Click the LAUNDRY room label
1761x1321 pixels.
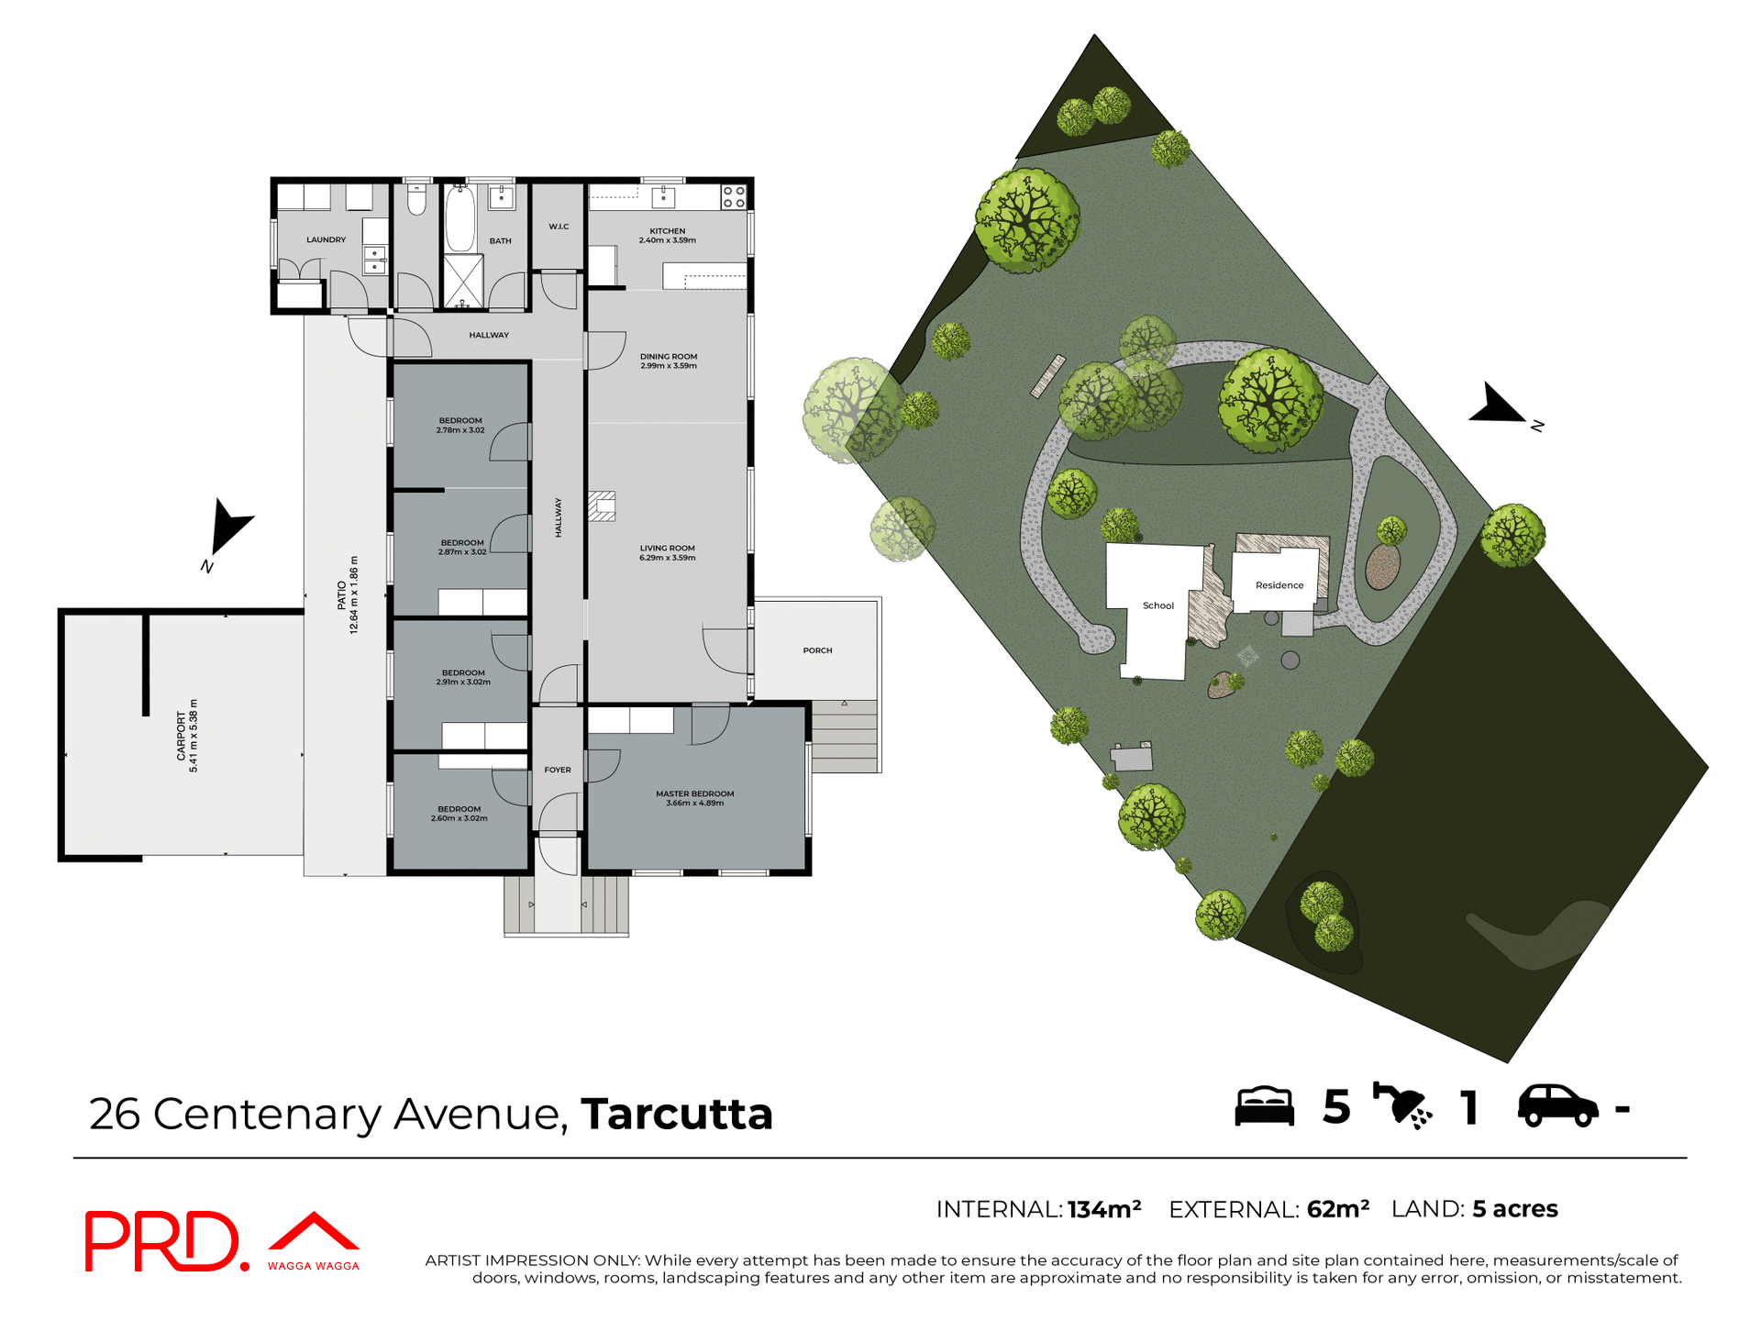(326, 239)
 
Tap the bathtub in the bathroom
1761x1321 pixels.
(460, 218)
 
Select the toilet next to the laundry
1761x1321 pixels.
(416, 201)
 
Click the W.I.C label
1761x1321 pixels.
(559, 227)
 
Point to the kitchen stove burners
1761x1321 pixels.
(733, 197)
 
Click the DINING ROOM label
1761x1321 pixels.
(669, 361)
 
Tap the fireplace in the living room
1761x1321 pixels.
(602, 506)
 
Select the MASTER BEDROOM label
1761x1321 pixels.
(694, 798)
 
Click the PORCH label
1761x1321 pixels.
(817, 650)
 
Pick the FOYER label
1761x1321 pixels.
(558, 770)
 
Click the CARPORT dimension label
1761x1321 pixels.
(187, 736)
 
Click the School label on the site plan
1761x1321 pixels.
(1158, 605)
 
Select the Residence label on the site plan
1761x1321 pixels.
(1279, 585)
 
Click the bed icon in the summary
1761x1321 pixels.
(1264, 1106)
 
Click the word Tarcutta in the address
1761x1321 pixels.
(677, 1114)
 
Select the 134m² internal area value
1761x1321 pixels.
(1104, 1209)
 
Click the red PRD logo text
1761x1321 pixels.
(163, 1241)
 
